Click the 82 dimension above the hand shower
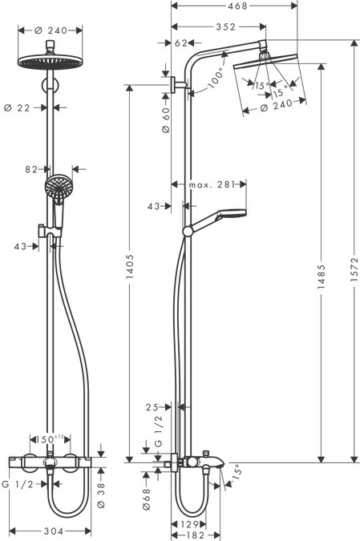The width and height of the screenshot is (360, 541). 31,169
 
